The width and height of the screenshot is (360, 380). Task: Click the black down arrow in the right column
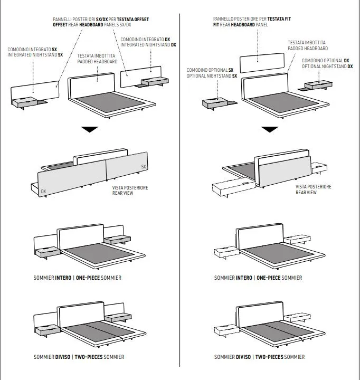271,130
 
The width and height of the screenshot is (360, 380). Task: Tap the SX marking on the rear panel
144,167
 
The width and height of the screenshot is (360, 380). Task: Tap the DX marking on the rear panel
43,192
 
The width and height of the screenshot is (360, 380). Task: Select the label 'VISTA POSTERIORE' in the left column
130,187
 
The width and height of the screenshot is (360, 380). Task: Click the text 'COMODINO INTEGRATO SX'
32,49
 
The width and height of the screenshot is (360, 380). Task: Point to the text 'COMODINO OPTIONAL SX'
210,70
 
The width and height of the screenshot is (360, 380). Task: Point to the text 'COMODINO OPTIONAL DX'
326,60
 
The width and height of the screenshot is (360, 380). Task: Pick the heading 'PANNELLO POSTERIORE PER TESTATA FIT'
252,18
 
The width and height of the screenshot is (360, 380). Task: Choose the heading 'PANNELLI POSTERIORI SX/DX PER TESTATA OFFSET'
101,20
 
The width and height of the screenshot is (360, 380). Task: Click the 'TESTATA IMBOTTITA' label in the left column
97,55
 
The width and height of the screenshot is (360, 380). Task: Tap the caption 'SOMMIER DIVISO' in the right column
233,357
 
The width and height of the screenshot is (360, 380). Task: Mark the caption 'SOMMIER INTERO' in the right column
233,278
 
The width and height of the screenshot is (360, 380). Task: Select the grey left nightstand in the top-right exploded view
215,102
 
